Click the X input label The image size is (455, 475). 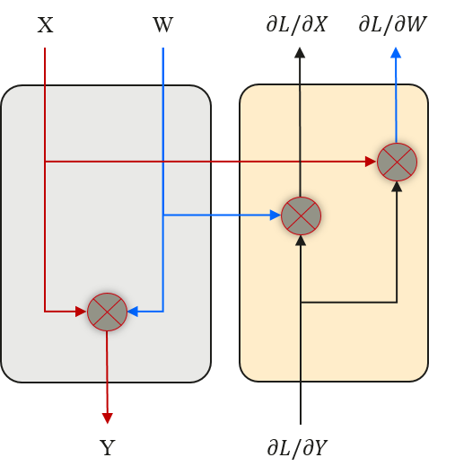click(45, 25)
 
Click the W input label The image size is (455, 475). click(162, 25)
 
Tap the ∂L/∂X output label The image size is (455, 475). click(296, 24)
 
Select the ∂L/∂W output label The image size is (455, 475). click(392, 24)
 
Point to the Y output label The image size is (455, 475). click(107, 448)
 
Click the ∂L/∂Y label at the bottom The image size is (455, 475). click(297, 447)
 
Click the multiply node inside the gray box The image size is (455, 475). click(107, 312)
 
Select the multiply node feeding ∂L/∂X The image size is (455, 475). click(301, 216)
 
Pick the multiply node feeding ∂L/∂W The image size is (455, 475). click(397, 162)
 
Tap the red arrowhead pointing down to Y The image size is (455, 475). click(107, 418)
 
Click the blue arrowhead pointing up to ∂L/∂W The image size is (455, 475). click(396, 53)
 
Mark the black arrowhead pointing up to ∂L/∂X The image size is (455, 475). click(300, 53)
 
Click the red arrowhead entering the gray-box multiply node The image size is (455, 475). click(81, 312)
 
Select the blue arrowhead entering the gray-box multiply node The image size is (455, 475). click(133, 312)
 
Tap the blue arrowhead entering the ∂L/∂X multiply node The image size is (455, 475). click(275, 216)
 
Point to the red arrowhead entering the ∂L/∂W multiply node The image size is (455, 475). click(371, 162)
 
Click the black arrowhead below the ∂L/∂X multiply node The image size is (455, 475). click(301, 240)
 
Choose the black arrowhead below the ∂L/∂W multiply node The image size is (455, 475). click(397, 186)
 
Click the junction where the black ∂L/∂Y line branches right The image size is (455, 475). click(301, 303)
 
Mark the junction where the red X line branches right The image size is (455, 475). click(45, 162)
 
